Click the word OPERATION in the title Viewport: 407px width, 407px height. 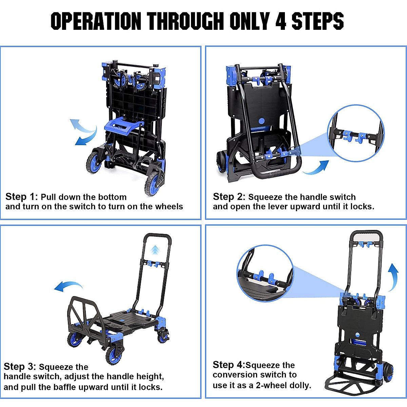[x=96, y=21]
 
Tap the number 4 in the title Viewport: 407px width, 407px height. [x=281, y=21]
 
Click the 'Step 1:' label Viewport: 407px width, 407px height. [x=22, y=197]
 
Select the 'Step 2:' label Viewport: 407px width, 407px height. [x=229, y=197]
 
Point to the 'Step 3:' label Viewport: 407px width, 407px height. [x=20, y=366]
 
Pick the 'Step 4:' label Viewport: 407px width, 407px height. [x=229, y=365]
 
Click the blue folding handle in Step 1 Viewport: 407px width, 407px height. [x=124, y=126]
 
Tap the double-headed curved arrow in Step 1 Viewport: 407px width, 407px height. [x=84, y=132]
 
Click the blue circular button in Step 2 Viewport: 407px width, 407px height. [x=261, y=121]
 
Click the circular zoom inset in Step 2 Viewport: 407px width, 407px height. [x=356, y=133]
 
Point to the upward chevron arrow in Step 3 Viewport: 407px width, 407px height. [x=155, y=250]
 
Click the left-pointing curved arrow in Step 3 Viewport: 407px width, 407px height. [x=68, y=286]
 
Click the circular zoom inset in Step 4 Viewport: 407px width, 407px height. [x=265, y=273]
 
